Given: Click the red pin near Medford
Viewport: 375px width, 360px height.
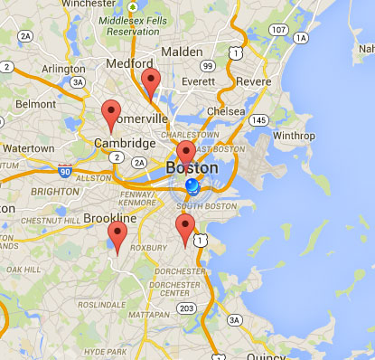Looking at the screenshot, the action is (x=151, y=81).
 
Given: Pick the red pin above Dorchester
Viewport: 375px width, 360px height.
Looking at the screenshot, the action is (x=185, y=228).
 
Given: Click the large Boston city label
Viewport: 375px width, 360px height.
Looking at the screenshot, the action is (x=192, y=168).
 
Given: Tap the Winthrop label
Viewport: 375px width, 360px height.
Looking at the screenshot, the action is (x=294, y=137).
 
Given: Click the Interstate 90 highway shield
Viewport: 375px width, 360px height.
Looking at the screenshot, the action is (x=64, y=169).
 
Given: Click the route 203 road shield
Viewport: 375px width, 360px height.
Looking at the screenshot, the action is (x=187, y=308).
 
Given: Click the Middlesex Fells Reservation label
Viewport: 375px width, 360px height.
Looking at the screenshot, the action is (x=135, y=25).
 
